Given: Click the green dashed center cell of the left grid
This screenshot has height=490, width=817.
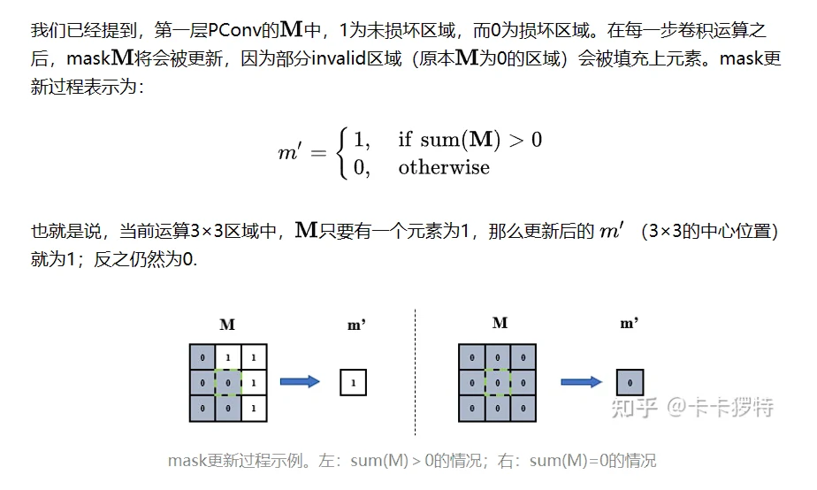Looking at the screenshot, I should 228,382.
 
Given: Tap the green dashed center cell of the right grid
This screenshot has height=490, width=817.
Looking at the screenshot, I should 498,382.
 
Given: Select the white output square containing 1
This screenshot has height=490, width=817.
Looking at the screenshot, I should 354,383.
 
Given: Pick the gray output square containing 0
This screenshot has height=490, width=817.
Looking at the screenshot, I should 630,383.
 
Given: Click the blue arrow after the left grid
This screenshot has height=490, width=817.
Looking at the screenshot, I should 300,382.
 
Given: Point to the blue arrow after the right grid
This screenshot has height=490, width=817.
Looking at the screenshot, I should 580,382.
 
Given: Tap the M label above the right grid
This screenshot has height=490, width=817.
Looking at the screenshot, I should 500,323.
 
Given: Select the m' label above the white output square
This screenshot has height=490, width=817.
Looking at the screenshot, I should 356,325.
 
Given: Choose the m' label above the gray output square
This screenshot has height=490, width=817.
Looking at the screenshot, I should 630,324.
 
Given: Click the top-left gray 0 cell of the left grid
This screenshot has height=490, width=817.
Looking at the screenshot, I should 202,357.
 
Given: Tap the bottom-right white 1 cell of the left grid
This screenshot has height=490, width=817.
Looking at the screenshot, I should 254,408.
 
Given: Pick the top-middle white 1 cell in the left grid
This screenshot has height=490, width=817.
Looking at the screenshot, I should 228,357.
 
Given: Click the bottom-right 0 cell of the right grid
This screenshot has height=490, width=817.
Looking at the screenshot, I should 523,408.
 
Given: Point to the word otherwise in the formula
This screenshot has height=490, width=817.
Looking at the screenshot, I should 443,167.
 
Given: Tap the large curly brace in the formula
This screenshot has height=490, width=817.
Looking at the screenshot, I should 341,153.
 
